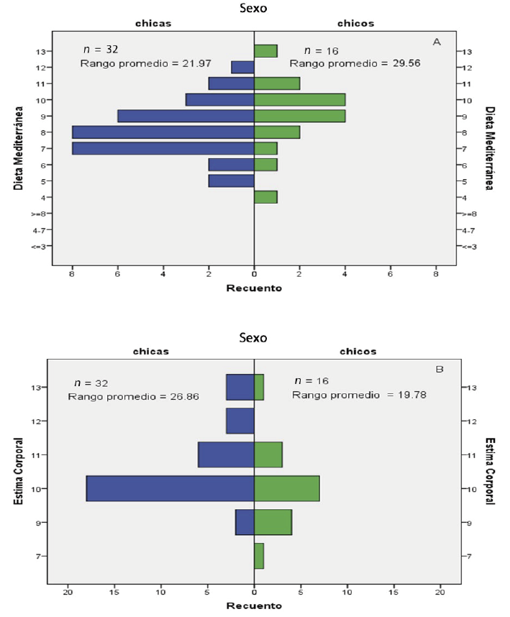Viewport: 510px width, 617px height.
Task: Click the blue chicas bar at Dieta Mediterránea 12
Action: click(x=242, y=67)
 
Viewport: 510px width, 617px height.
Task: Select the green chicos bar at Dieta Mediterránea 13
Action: click(x=265, y=51)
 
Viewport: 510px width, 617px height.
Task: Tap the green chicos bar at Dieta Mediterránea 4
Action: click(x=265, y=197)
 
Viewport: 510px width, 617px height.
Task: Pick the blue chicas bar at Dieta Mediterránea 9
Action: click(x=186, y=116)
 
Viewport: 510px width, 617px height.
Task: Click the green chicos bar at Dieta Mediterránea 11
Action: click(x=277, y=83)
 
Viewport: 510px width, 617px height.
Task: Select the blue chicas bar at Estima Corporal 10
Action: click(x=170, y=489)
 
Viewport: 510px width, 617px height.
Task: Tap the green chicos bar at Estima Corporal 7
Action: click(x=259, y=556)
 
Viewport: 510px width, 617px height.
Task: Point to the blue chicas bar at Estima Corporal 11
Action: click(x=226, y=455)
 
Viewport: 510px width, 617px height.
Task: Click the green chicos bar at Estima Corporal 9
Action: click(x=273, y=523)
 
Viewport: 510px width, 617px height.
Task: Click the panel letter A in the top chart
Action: click(x=436, y=42)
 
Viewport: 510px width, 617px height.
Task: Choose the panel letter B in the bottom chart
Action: click(x=439, y=370)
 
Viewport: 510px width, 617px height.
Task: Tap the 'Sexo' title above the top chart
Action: click(x=254, y=9)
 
